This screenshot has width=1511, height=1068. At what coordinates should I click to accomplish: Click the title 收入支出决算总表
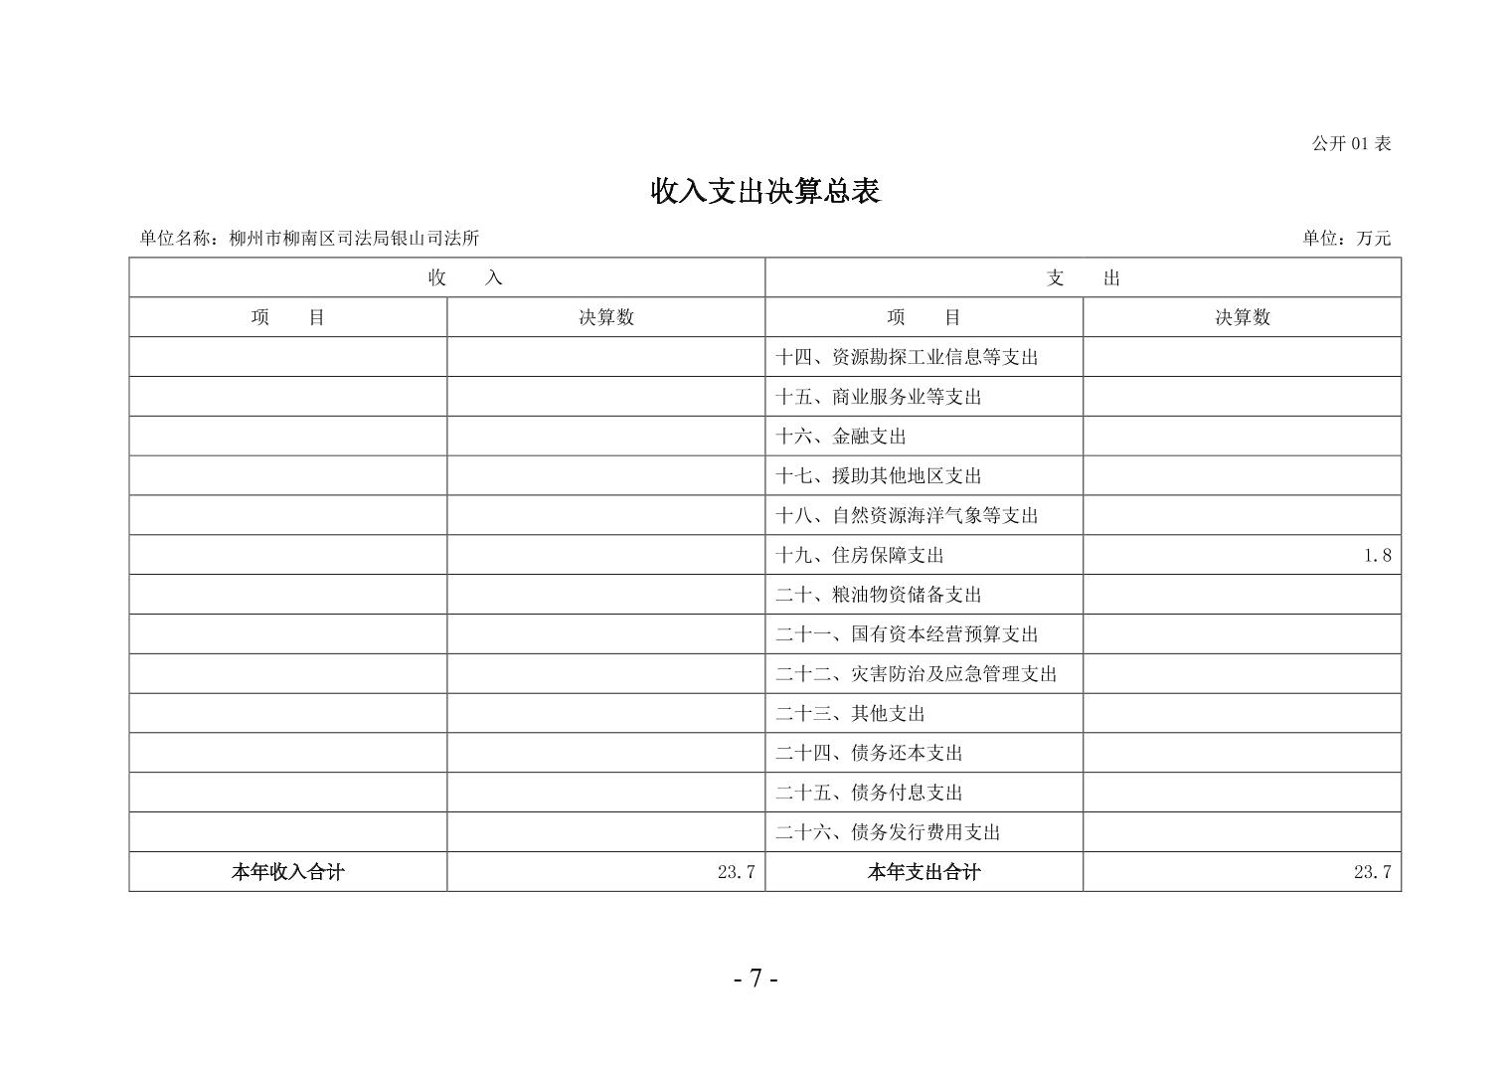coord(764,191)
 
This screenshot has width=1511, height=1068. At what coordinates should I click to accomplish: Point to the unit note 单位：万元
coord(1346,238)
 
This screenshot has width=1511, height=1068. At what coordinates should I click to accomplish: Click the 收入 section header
coord(465,278)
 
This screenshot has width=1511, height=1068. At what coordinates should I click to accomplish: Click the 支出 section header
coord(1083,278)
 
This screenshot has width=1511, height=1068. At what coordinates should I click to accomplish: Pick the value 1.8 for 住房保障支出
coord(1377,556)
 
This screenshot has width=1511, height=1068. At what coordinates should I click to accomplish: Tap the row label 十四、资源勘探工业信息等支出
coord(906,357)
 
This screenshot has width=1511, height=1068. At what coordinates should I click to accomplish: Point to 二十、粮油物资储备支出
coord(878,596)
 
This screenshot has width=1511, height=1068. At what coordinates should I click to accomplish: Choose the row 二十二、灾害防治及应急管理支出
coord(916,674)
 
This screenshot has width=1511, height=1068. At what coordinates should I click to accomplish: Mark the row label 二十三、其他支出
coord(850,714)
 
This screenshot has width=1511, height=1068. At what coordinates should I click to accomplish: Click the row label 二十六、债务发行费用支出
coord(887,832)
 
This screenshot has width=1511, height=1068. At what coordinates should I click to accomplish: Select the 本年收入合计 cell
coord(287,872)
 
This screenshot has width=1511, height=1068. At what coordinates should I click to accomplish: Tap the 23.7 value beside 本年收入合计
coord(736,872)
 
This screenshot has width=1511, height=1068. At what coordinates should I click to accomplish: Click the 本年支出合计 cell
coord(923,872)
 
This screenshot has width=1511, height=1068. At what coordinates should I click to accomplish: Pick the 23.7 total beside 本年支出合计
coord(1372,872)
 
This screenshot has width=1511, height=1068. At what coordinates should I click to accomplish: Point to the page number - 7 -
coord(755,979)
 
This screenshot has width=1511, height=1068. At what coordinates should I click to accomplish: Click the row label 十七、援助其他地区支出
coord(878,476)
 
